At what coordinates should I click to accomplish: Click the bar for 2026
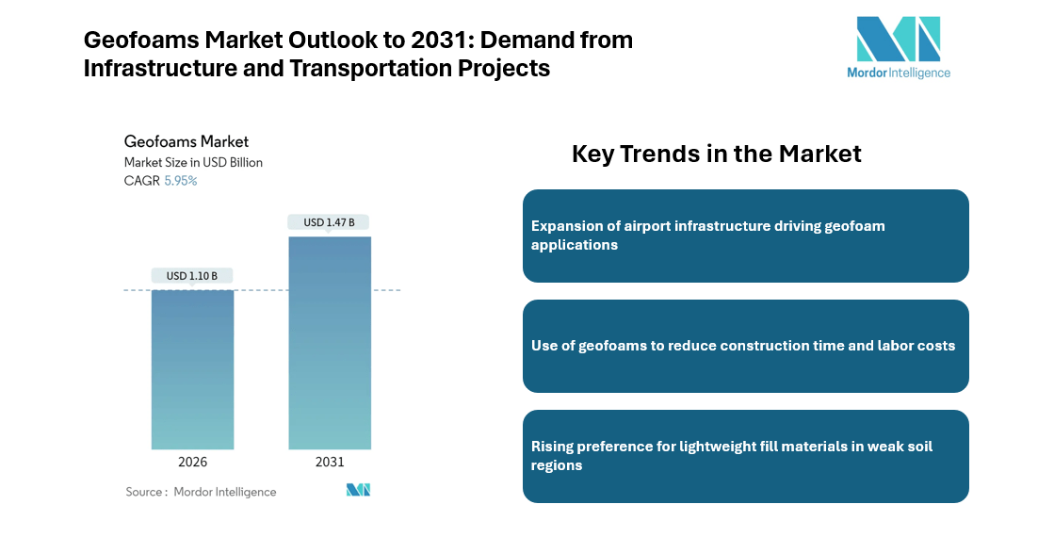pyautogui.click(x=192, y=369)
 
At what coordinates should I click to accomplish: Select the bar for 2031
pyautogui.click(x=329, y=343)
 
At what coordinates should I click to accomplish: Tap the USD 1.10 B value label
pyautogui.click(x=192, y=276)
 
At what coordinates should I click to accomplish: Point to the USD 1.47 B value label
pyautogui.click(x=329, y=222)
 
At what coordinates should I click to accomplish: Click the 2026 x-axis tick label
pyautogui.click(x=192, y=463)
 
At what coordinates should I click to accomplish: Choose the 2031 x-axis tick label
pyautogui.click(x=329, y=463)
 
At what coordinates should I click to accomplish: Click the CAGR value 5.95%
pyautogui.click(x=181, y=181)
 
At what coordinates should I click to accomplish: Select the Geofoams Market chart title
pyautogui.click(x=187, y=141)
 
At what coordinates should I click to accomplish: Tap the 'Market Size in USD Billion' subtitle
pyautogui.click(x=193, y=162)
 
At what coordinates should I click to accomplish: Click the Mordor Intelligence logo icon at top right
pyautogui.click(x=898, y=40)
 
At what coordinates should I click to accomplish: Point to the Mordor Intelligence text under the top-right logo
pyautogui.click(x=898, y=73)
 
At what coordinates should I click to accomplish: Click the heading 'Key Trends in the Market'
pyautogui.click(x=716, y=154)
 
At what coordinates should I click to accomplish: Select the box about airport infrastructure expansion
pyautogui.click(x=745, y=236)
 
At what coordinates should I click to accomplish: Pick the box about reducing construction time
pyautogui.click(x=745, y=346)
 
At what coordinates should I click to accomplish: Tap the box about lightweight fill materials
pyautogui.click(x=745, y=456)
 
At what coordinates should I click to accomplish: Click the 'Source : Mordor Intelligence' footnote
pyautogui.click(x=202, y=492)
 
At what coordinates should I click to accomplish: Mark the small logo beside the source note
pyautogui.click(x=359, y=490)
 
